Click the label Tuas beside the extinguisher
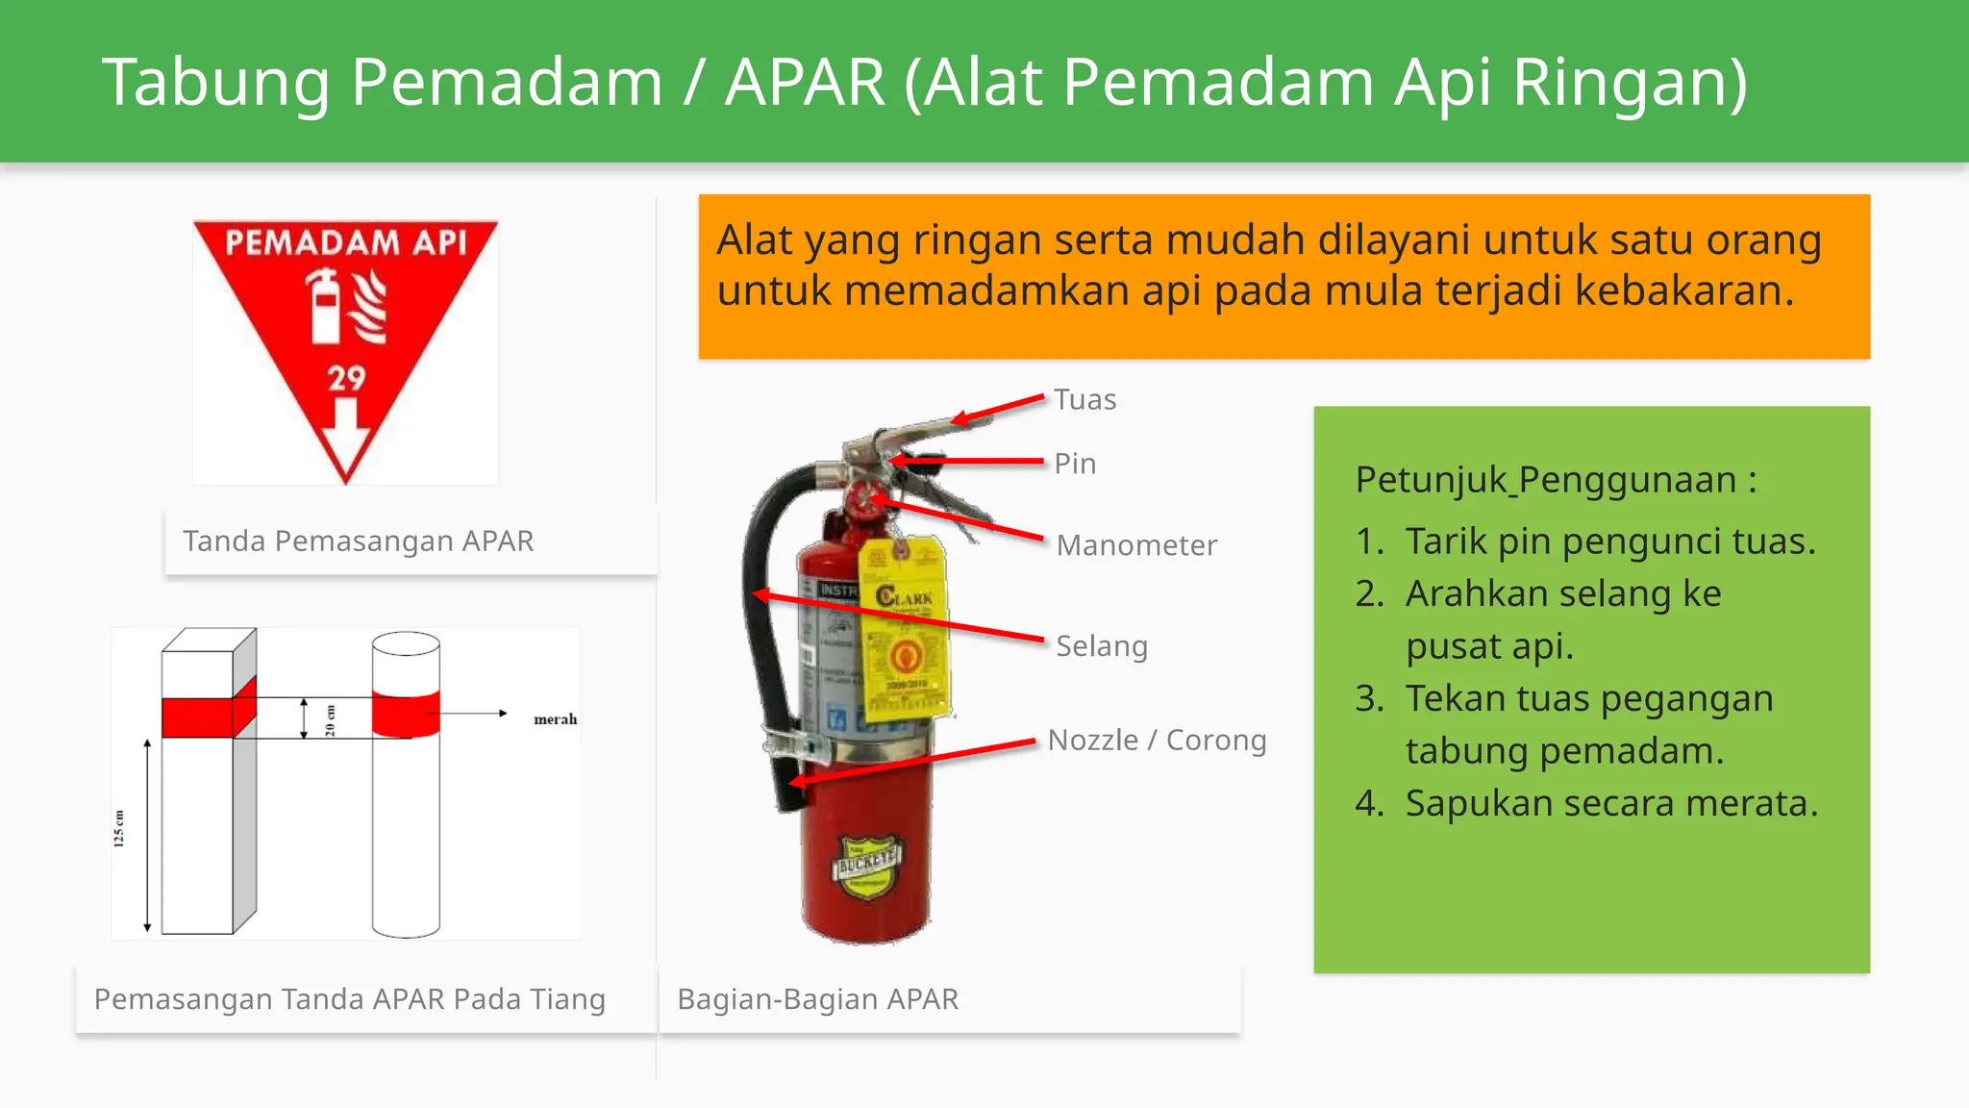click(x=1084, y=399)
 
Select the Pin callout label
click(x=1075, y=464)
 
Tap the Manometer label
click(x=1136, y=545)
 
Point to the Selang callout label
click(x=1102, y=645)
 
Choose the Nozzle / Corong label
click(x=1157, y=740)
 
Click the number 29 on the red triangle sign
click(x=346, y=378)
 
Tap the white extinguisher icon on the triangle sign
click(x=326, y=307)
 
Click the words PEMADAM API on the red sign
click(x=346, y=242)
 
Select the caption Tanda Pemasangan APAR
click(x=358, y=541)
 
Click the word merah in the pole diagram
click(x=555, y=719)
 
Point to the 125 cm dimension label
click(x=119, y=828)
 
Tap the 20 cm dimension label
click(x=330, y=719)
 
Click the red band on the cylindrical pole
click(x=406, y=715)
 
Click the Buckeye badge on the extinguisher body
click(x=866, y=865)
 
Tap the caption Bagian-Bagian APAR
click(x=817, y=999)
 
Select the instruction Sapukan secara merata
click(x=1611, y=803)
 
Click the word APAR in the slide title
click(x=805, y=82)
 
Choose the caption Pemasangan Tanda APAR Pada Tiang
click(x=350, y=999)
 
